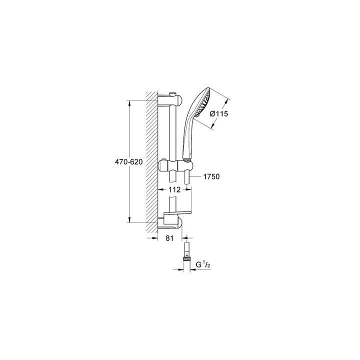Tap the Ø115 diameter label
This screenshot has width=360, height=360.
(219, 114)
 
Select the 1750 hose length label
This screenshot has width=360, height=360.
(212, 176)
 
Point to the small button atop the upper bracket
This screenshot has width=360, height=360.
(172, 93)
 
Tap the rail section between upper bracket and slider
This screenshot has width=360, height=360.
(173, 132)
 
